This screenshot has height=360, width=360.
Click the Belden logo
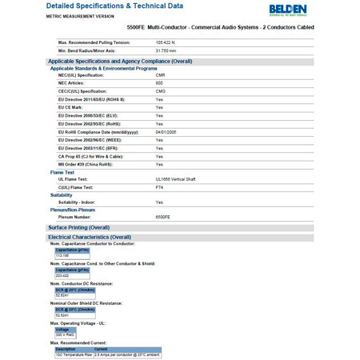tap(310, 10)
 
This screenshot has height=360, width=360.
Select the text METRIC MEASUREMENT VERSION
tap(80, 16)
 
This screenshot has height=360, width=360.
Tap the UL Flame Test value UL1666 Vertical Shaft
tap(175, 179)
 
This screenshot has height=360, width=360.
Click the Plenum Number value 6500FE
tap(162, 217)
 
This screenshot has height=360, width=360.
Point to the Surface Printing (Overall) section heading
tap(78, 227)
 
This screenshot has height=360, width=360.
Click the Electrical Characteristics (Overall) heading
tap(90, 237)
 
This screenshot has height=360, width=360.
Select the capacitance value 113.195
tap(62, 255)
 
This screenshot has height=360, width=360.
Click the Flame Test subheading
tap(62, 172)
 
